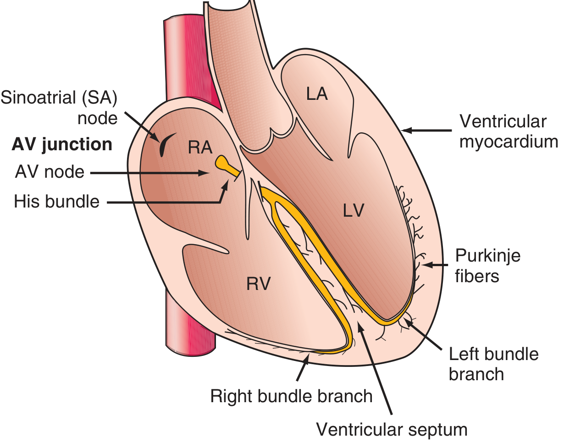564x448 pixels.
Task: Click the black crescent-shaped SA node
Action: [164, 145]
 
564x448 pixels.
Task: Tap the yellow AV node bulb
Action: [223, 163]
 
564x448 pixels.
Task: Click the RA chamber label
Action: [200, 148]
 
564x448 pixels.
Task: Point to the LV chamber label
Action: [353, 210]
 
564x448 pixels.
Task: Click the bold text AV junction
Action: [62, 145]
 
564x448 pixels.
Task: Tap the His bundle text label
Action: [57, 201]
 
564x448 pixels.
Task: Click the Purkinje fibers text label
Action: [487, 266]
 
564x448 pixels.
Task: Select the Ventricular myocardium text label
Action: [508, 132]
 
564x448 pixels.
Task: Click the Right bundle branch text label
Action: [291, 396]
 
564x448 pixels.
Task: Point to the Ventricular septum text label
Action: [392, 430]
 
